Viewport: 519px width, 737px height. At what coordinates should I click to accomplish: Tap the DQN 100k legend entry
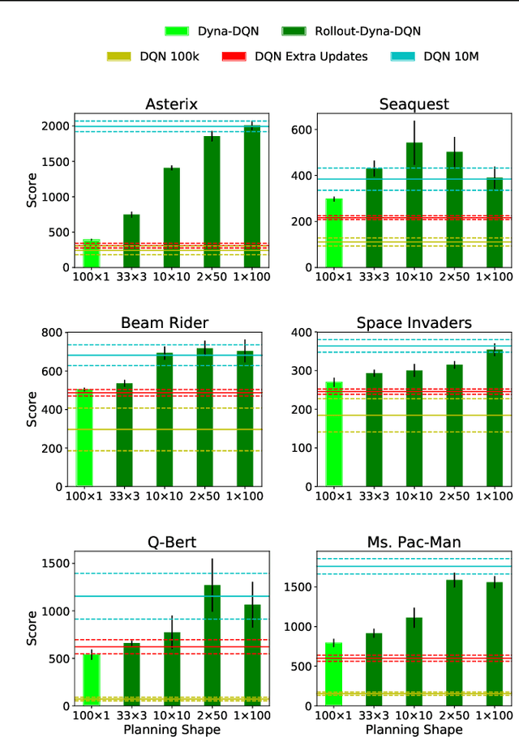coord(155,56)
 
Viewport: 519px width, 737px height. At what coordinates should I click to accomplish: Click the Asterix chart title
coord(171,104)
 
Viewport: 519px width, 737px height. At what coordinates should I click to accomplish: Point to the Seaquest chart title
coord(414,104)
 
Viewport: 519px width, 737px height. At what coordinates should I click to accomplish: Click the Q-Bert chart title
coord(171,542)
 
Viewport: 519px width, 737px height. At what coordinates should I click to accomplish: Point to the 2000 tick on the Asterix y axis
coord(55,126)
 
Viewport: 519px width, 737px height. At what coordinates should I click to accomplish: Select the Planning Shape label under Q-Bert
coord(171,729)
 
